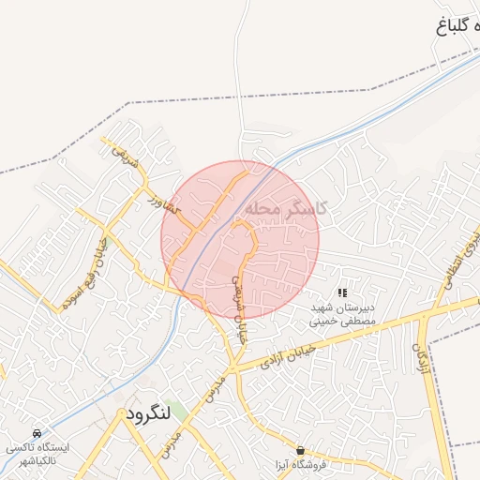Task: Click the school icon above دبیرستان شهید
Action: (342, 293)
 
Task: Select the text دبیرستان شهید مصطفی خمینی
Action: (343, 313)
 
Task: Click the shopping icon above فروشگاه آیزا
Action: (300, 451)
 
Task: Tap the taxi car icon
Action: (36, 434)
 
